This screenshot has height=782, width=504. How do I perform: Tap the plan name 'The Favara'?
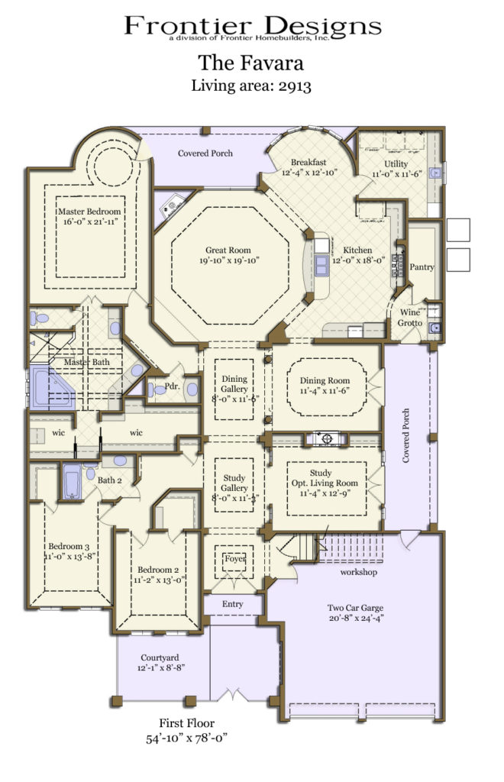pyautogui.click(x=252, y=60)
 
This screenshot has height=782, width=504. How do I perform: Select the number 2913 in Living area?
pyautogui.click(x=295, y=86)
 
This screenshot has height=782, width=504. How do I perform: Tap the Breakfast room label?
pyautogui.click(x=308, y=162)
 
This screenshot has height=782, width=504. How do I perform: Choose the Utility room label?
pyautogui.click(x=396, y=164)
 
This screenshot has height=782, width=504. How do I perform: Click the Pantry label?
pyautogui.click(x=422, y=267)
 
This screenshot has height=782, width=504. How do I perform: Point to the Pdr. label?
pyautogui.click(x=172, y=387)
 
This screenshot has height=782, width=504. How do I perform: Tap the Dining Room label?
pyautogui.click(x=325, y=380)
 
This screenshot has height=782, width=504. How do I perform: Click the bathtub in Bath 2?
pyautogui.click(x=73, y=482)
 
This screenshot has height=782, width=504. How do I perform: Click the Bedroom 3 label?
pyautogui.click(x=69, y=547)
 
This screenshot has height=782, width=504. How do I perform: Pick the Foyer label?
pyautogui.click(x=234, y=559)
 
